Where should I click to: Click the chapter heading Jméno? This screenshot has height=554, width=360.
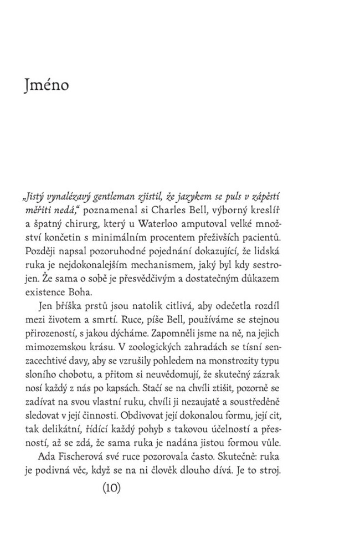[47, 88]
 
